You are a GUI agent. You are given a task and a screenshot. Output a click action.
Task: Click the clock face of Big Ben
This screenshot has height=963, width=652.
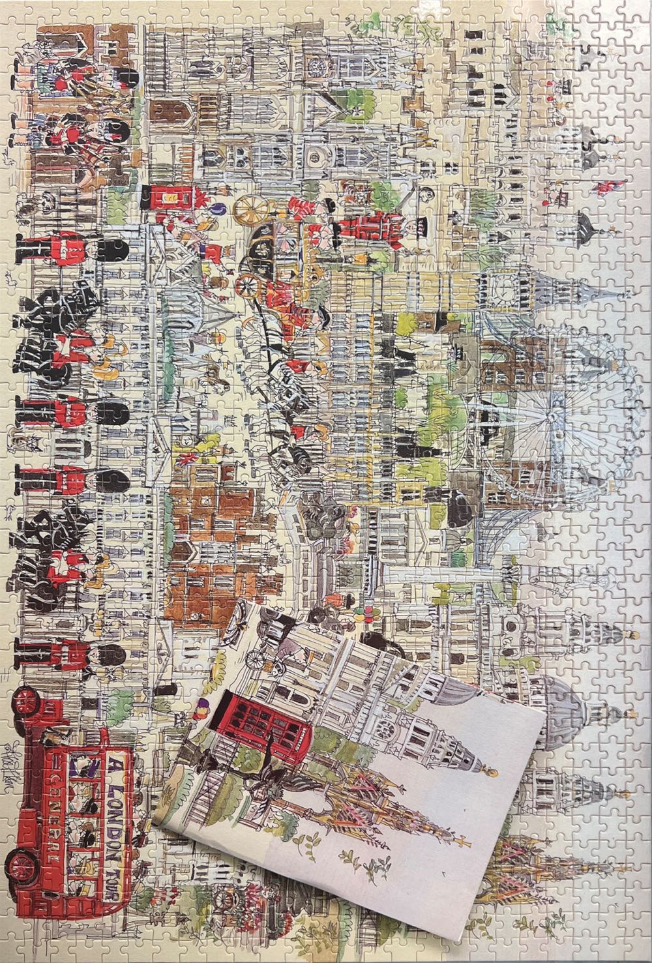pos(504,284)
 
